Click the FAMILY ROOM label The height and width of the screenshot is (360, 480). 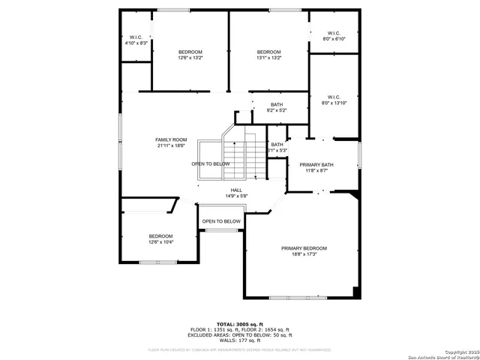171,140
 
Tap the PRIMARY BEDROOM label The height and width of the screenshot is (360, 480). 304,248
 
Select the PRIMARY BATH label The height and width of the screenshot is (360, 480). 316,164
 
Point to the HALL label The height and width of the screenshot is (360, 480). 236,190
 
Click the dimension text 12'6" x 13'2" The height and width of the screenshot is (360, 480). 190,58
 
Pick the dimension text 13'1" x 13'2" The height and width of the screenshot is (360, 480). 268,58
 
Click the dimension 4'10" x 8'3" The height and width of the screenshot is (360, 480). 136,43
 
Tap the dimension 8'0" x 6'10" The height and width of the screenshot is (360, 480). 334,38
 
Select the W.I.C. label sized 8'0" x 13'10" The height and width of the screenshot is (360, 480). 334,97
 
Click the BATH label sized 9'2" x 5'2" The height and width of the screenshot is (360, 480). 277,104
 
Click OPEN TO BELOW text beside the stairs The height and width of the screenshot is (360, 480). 210,163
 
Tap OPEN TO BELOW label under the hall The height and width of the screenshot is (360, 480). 221,221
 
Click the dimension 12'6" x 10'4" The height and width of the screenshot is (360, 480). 160,242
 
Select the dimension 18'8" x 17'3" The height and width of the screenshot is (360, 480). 304,255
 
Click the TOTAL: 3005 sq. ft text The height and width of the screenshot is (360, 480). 240,323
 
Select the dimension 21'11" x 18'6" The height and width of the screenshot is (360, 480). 171,146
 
